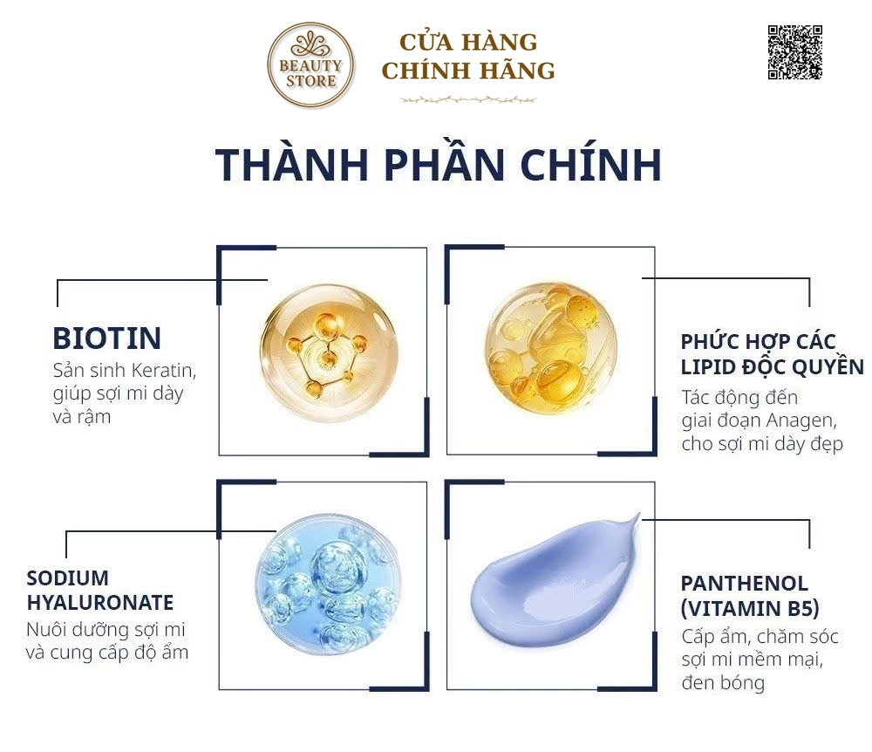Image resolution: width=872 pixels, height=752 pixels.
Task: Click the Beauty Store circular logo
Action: pyautogui.click(x=310, y=65)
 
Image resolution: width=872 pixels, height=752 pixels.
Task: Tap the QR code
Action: pyautogui.click(x=794, y=51)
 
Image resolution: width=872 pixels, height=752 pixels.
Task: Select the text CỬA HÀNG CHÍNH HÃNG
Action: pyautogui.click(x=468, y=57)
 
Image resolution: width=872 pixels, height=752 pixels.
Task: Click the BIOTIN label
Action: pyautogui.click(x=106, y=338)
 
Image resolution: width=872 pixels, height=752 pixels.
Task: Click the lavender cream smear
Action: pyautogui.click(x=555, y=580)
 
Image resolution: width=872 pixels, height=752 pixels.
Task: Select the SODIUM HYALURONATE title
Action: pyautogui.click(x=100, y=590)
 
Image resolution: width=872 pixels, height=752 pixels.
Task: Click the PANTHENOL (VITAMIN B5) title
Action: pyautogui.click(x=750, y=596)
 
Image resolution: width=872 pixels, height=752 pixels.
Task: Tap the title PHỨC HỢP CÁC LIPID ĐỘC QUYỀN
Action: pyautogui.click(x=772, y=354)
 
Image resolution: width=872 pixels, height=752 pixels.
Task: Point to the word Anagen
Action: pyautogui.click(x=803, y=420)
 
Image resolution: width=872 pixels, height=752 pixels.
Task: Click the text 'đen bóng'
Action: pyautogui.click(x=723, y=682)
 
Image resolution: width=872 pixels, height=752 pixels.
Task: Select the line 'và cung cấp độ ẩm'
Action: pyautogui.click(x=107, y=653)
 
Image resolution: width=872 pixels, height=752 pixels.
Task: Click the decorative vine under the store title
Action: pyautogui.click(x=468, y=100)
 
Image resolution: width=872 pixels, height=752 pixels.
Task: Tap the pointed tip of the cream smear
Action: pyautogui.click(x=639, y=514)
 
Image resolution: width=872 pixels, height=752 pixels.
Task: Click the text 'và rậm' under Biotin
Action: pyautogui.click(x=82, y=417)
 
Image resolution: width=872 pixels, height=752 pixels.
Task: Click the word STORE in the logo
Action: pyautogui.click(x=311, y=81)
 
